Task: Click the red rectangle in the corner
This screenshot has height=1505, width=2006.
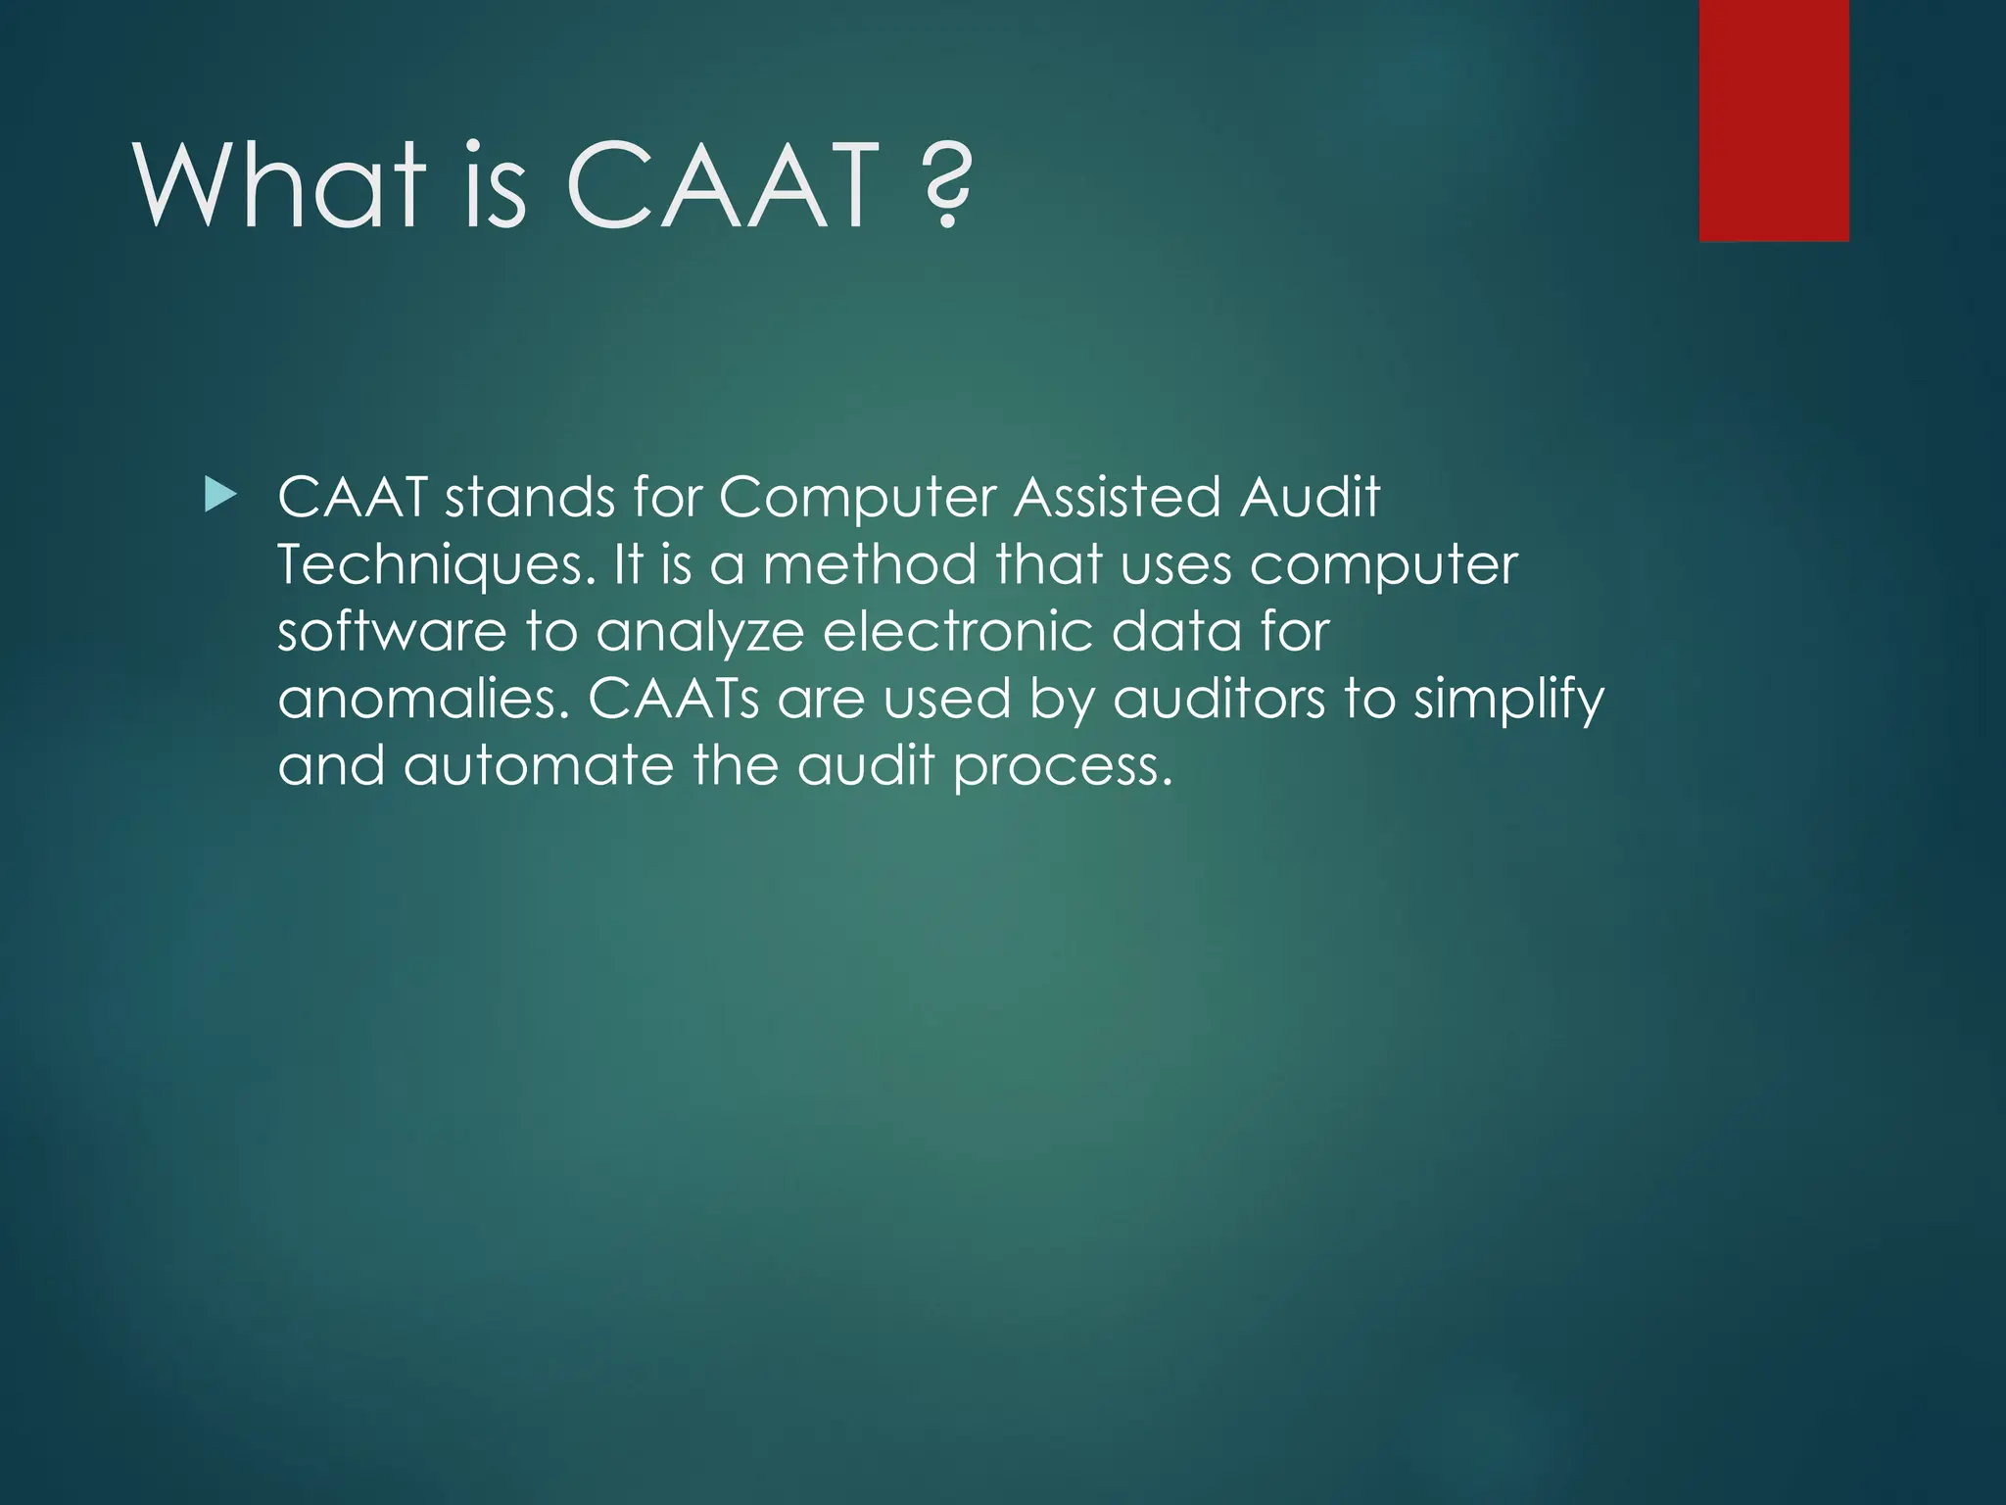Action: (x=1774, y=120)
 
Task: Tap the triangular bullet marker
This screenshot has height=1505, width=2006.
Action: (x=220, y=497)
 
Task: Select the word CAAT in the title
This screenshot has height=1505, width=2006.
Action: (x=723, y=186)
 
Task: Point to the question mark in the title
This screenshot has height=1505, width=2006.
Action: (x=947, y=186)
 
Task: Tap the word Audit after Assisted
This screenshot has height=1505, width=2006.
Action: (x=1310, y=498)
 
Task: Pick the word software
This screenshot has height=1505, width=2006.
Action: (x=392, y=632)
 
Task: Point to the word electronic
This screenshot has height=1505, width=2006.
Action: (x=957, y=632)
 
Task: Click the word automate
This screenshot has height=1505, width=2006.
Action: (x=539, y=765)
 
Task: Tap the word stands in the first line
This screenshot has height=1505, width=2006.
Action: (x=530, y=498)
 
